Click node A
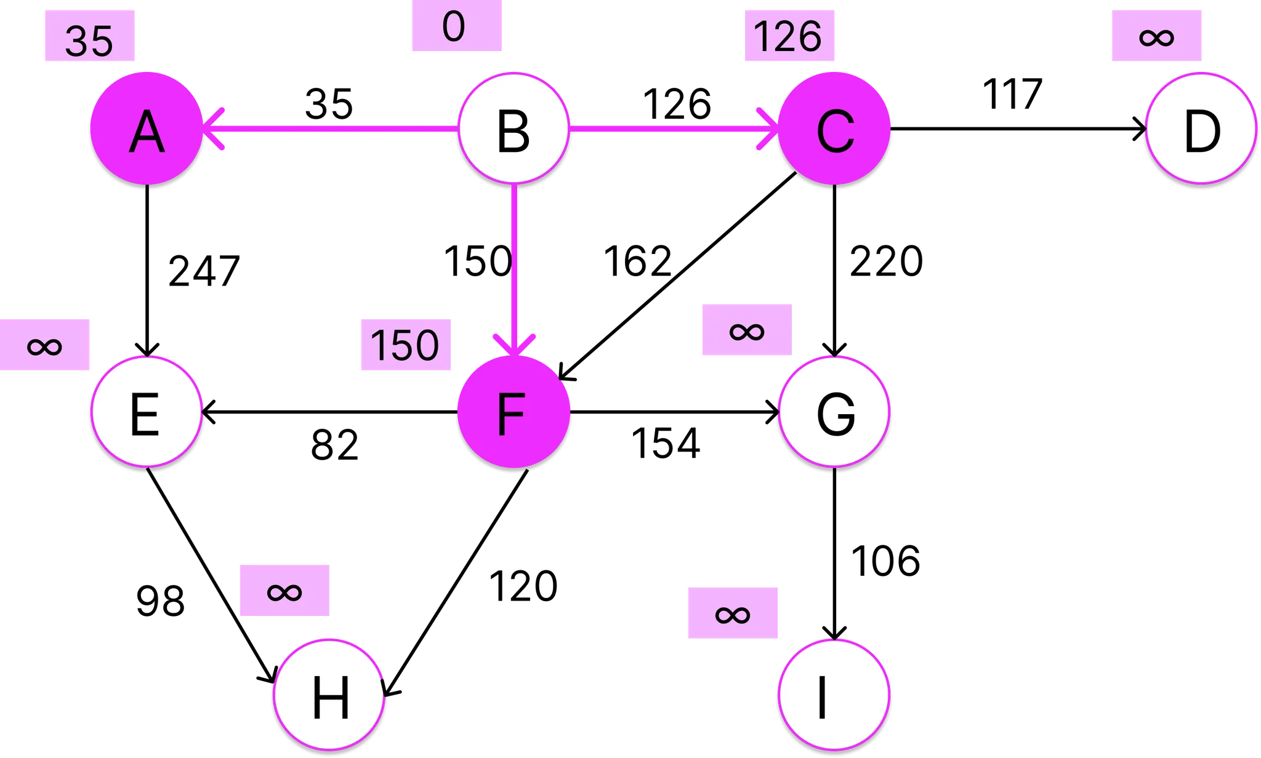pyautogui.click(x=147, y=129)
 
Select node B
pyautogui.click(x=514, y=129)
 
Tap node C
pyautogui.click(x=834, y=129)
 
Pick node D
pyautogui.click(x=1201, y=129)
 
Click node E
pyautogui.click(x=147, y=412)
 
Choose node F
pyautogui.click(x=514, y=412)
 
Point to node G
pyautogui.click(x=834, y=412)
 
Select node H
pyautogui.click(x=329, y=695)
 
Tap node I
pyautogui.click(x=834, y=695)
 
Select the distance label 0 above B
pyautogui.click(x=456, y=26)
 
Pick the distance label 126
pyautogui.click(x=789, y=36)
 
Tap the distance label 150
pyautogui.click(x=406, y=345)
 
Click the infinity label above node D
pyautogui.click(x=1156, y=36)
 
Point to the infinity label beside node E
pyautogui.click(x=45, y=345)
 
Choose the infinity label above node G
pyautogui.click(x=747, y=330)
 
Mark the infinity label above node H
pyautogui.click(x=284, y=591)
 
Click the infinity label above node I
pyautogui.click(x=733, y=613)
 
